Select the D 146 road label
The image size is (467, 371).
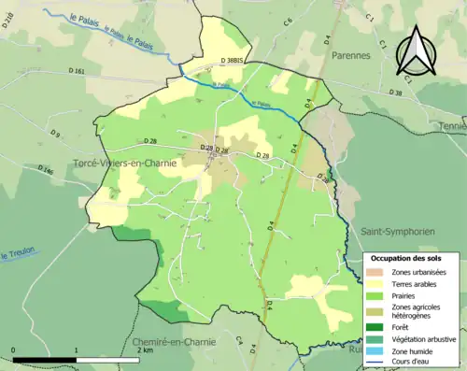pyautogui.click(x=46, y=171)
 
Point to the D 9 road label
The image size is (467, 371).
pyautogui.click(x=55, y=137)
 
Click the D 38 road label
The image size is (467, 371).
pyautogui.click(x=396, y=93)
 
